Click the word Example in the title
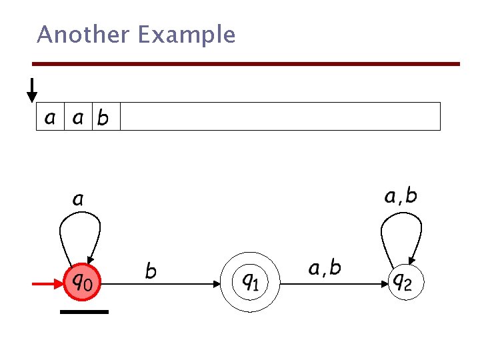(x=187, y=35)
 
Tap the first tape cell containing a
(x=50, y=117)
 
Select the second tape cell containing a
(x=78, y=117)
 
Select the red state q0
(x=83, y=283)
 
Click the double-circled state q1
(x=251, y=283)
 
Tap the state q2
(x=405, y=283)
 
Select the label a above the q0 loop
(x=78, y=199)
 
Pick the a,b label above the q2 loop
(x=401, y=196)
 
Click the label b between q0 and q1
(x=151, y=271)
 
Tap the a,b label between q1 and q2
(x=325, y=269)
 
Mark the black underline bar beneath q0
(x=84, y=311)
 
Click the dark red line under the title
(x=246, y=64)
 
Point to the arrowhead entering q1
(x=218, y=284)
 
